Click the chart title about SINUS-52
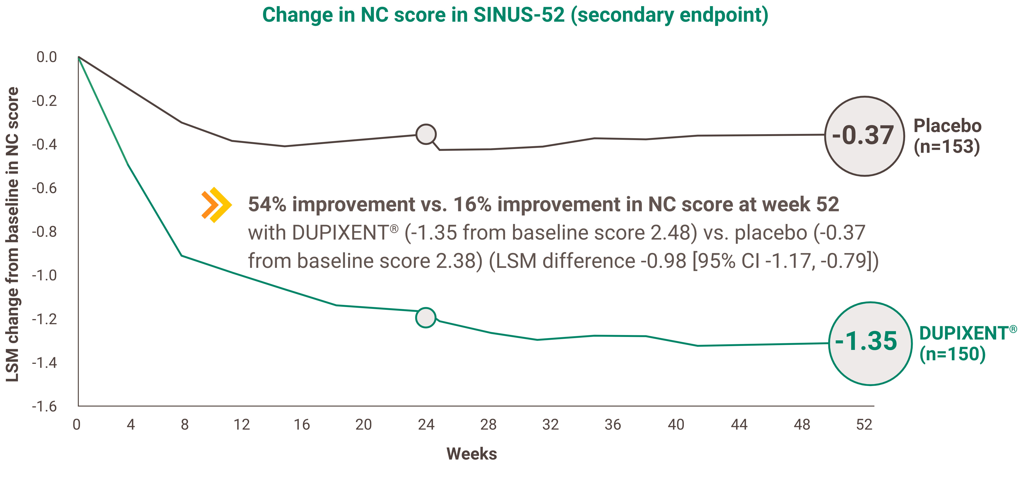click(x=515, y=15)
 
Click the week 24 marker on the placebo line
click(x=426, y=134)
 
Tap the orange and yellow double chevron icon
click(x=216, y=205)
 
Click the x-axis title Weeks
click(x=471, y=454)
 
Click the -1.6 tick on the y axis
click(x=45, y=406)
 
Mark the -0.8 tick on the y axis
click(x=45, y=232)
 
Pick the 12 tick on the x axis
click(x=241, y=425)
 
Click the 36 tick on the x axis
click(x=613, y=425)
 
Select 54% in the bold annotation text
click(x=267, y=205)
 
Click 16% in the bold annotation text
click(x=473, y=205)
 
